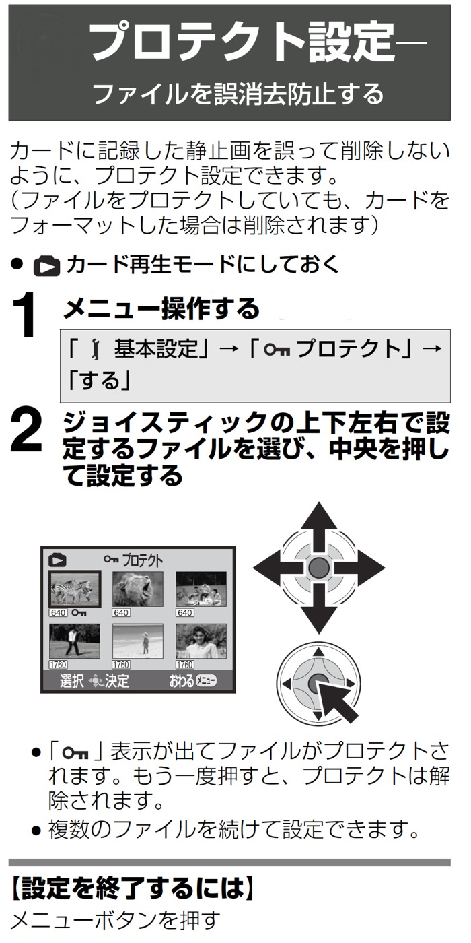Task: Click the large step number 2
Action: (26, 431)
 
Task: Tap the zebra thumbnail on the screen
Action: (75, 589)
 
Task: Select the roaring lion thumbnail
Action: (138, 589)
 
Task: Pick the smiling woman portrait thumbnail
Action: (201, 641)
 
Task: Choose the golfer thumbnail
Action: (75, 641)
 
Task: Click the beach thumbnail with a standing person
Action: (138, 641)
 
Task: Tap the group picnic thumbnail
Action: (201, 589)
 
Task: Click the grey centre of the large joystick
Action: (319, 568)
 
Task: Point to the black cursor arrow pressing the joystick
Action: (338, 701)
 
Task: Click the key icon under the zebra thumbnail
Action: (79, 612)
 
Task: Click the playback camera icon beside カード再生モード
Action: (46, 267)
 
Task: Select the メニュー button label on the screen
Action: (206, 681)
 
